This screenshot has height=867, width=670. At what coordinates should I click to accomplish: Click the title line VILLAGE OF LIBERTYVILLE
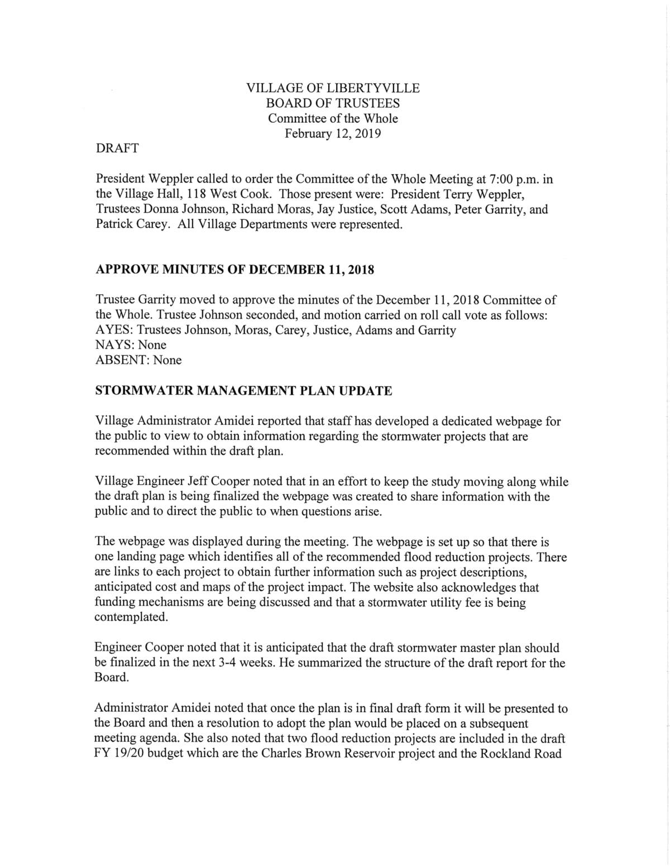pos(333,88)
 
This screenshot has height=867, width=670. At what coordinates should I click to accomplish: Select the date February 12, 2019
pos(333,134)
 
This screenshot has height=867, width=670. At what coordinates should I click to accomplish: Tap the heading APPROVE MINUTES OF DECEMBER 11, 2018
pos(235,270)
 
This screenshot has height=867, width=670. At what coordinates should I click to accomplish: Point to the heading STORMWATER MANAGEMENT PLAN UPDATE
pos(244,391)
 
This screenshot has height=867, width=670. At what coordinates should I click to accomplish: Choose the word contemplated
pos(131,618)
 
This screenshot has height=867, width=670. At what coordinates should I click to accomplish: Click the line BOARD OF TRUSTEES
pos(333,103)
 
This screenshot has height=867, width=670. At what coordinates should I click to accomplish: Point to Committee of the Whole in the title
pos(333,119)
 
